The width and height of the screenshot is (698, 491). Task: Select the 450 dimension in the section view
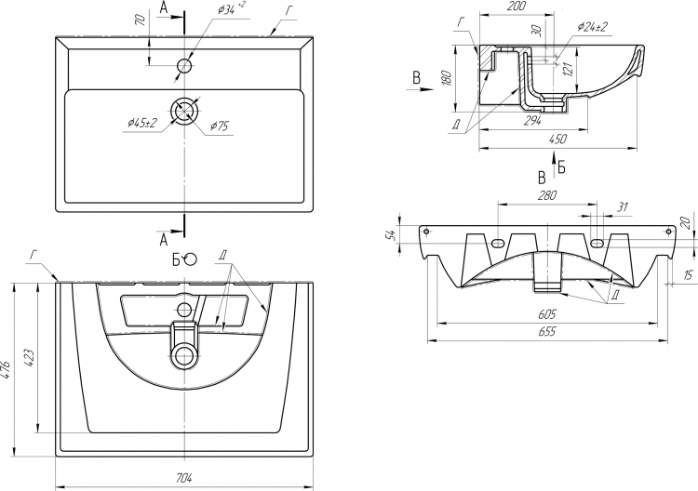pos(557,139)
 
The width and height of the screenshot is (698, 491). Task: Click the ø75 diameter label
pos(221,126)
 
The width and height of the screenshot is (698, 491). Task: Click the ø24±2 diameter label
pos(593,27)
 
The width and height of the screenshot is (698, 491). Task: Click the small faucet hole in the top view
pos(184,66)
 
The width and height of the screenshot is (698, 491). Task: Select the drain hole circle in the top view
pos(185,109)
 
